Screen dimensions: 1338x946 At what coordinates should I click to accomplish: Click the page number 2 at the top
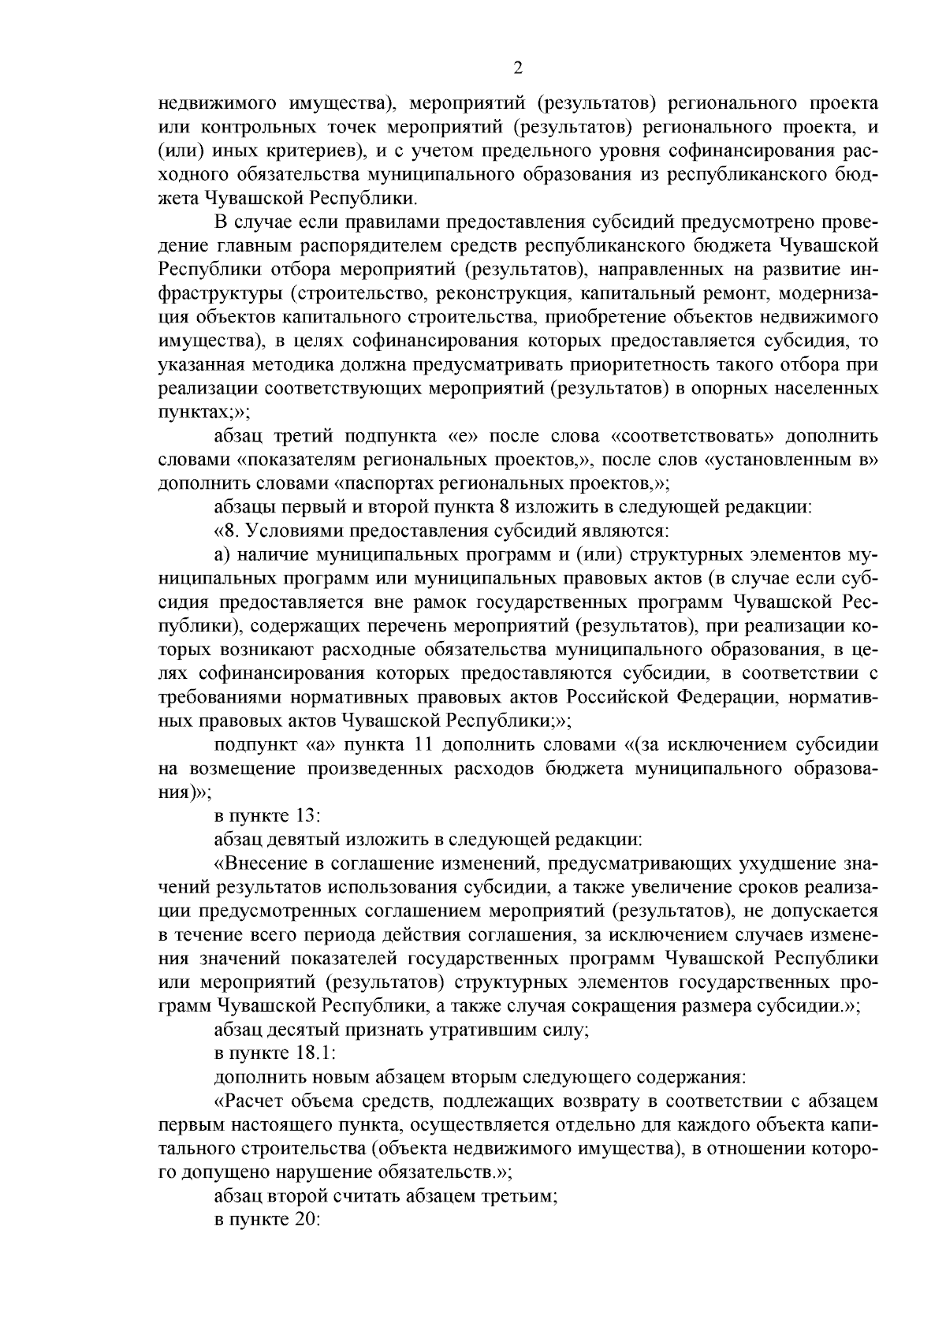[x=517, y=68]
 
